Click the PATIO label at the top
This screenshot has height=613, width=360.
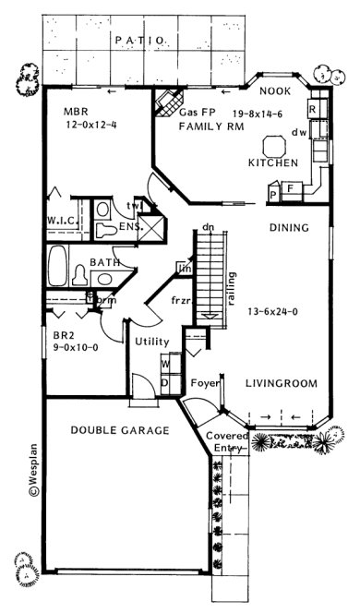coord(139,41)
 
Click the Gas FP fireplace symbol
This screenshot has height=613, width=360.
coord(166,100)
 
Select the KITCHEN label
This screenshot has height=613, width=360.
coord(273,163)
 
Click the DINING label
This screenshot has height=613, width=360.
coord(288,227)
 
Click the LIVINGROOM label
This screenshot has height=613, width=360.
coord(282,383)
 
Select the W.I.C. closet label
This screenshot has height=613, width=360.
coord(64,220)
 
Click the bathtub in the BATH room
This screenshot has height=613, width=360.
coord(57,265)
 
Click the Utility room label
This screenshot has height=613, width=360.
coord(151,342)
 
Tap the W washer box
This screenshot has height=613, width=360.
coord(165,364)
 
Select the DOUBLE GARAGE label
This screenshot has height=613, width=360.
coord(120,430)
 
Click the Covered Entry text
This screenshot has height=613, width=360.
coord(226,442)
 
